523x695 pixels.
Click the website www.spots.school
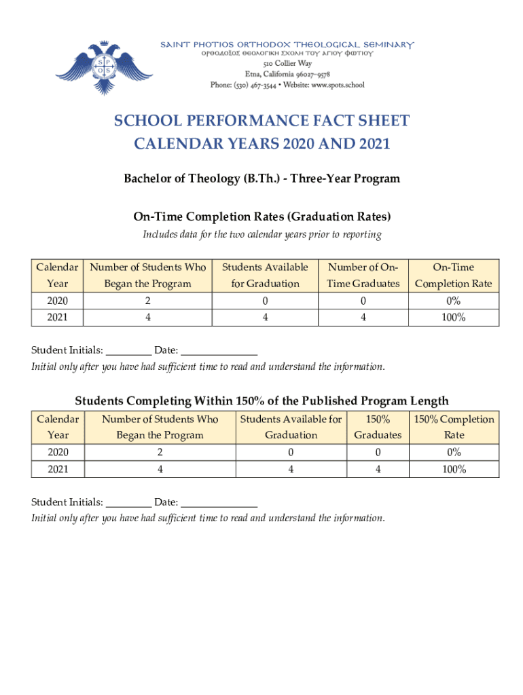[x=338, y=85]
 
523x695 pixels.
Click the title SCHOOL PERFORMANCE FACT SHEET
[x=261, y=121]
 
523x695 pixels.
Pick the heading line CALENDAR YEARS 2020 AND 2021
[x=261, y=145]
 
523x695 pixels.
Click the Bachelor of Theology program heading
[x=261, y=179]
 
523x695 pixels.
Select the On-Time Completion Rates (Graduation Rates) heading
[x=261, y=217]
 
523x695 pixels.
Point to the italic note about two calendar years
[x=261, y=235]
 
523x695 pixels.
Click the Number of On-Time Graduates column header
[x=363, y=275]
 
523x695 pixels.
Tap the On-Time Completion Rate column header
[x=453, y=275]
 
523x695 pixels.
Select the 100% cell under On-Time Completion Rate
[x=453, y=317]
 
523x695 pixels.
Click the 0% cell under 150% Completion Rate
[x=454, y=452]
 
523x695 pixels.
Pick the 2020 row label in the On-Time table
[x=57, y=301]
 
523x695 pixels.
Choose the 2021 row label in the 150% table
[x=57, y=469]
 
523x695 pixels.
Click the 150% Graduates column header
[x=378, y=427]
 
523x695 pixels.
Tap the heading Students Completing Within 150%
[x=261, y=400]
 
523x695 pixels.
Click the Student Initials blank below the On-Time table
[x=129, y=352]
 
